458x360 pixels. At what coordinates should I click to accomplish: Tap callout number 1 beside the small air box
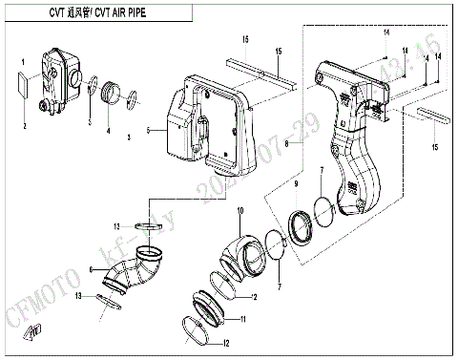(22, 62)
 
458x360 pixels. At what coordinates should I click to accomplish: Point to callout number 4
(108, 132)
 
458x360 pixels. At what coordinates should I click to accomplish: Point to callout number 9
(295, 182)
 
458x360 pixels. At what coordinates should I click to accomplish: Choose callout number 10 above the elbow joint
(239, 209)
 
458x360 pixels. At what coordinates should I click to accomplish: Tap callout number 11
(242, 319)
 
